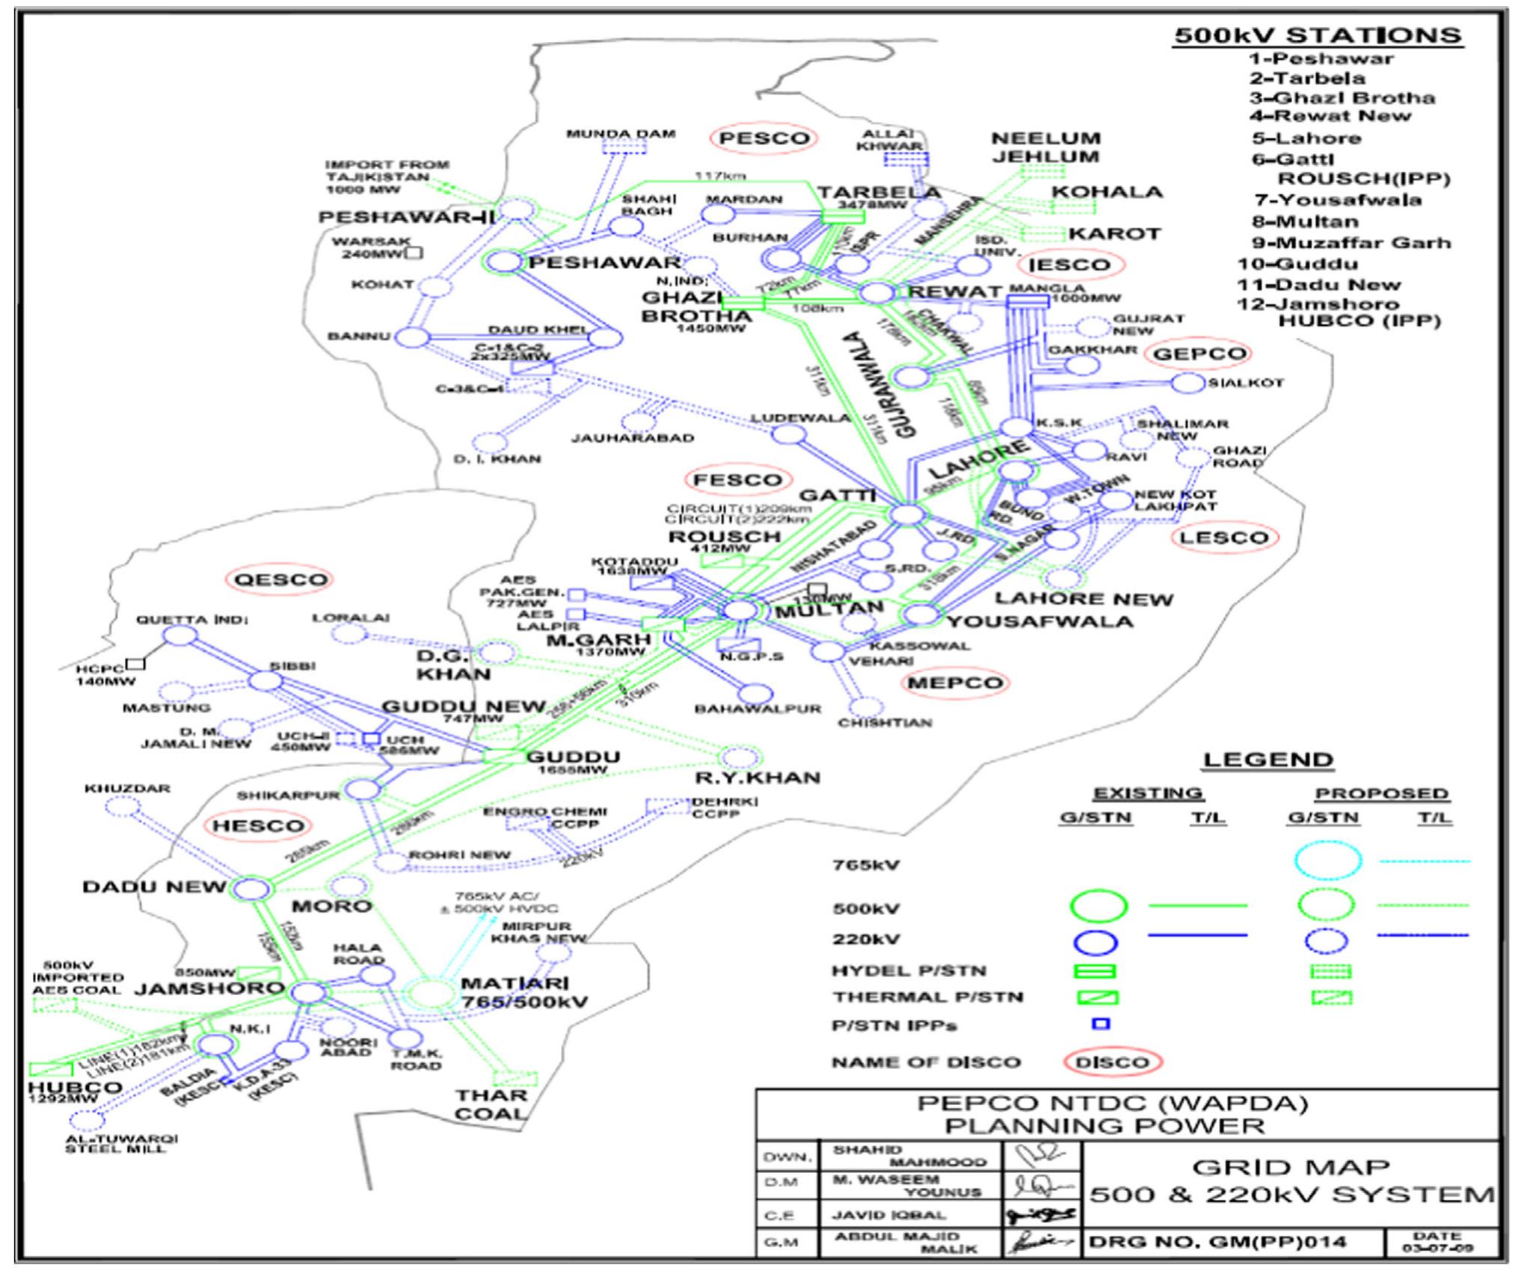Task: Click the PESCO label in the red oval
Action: click(763, 138)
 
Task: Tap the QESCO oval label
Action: click(280, 579)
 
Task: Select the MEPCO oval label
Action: click(955, 683)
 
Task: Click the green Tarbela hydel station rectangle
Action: click(843, 216)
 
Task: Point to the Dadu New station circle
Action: click(252, 889)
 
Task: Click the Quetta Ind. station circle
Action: click(180, 636)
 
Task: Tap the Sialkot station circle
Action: click(1187, 384)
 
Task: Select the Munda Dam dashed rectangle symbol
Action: click(624, 147)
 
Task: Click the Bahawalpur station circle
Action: click(756, 694)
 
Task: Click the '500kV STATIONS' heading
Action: click(1318, 36)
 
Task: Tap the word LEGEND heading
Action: click(1268, 760)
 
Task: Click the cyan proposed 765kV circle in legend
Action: click(1327, 861)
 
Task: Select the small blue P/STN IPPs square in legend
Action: click(1101, 1024)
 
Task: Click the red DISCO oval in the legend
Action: click(1112, 1062)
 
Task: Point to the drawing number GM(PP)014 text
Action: click(1218, 1243)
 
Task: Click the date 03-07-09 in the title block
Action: click(1439, 1243)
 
